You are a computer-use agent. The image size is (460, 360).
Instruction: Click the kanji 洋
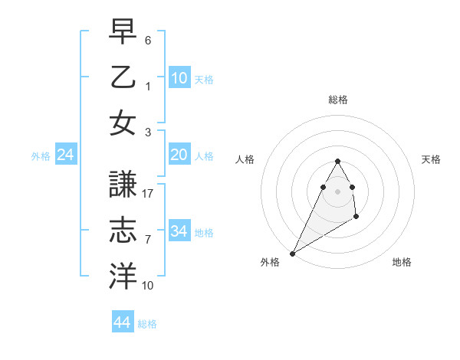point(123,273)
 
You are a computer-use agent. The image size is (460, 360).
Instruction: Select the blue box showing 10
point(179,78)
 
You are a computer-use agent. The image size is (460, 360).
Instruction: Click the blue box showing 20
point(179,155)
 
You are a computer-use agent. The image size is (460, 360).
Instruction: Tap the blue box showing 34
point(179,232)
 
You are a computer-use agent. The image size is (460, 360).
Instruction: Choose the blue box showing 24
point(65,155)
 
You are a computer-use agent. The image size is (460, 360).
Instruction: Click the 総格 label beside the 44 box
point(147,324)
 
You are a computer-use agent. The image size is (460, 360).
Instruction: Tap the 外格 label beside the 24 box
point(41,156)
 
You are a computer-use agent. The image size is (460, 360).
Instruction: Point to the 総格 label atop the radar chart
point(337,100)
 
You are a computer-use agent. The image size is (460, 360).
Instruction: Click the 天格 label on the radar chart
point(432,159)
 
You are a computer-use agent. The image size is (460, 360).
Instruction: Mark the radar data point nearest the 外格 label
point(292,254)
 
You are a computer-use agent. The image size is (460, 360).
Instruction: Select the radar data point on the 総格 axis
point(337,161)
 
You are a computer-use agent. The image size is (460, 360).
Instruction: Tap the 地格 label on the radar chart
point(402,262)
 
